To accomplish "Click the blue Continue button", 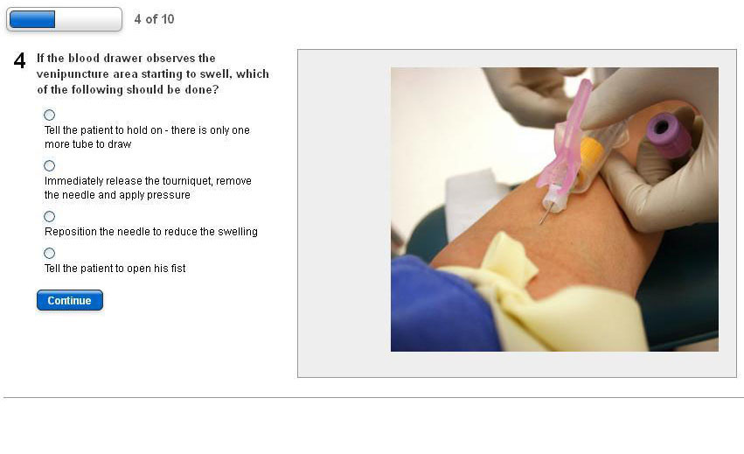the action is [70, 300].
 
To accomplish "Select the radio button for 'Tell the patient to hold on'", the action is [49, 115].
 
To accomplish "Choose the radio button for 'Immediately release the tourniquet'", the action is [49, 165].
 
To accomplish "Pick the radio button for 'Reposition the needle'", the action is [49, 217].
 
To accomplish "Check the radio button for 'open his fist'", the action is [49, 253].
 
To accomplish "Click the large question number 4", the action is [19, 60].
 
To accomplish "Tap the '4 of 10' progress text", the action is [154, 19].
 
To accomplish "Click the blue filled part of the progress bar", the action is [32, 19].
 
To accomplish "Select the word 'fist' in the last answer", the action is [178, 269].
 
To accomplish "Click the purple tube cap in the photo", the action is [668, 135].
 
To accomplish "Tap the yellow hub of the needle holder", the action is [590, 153].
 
